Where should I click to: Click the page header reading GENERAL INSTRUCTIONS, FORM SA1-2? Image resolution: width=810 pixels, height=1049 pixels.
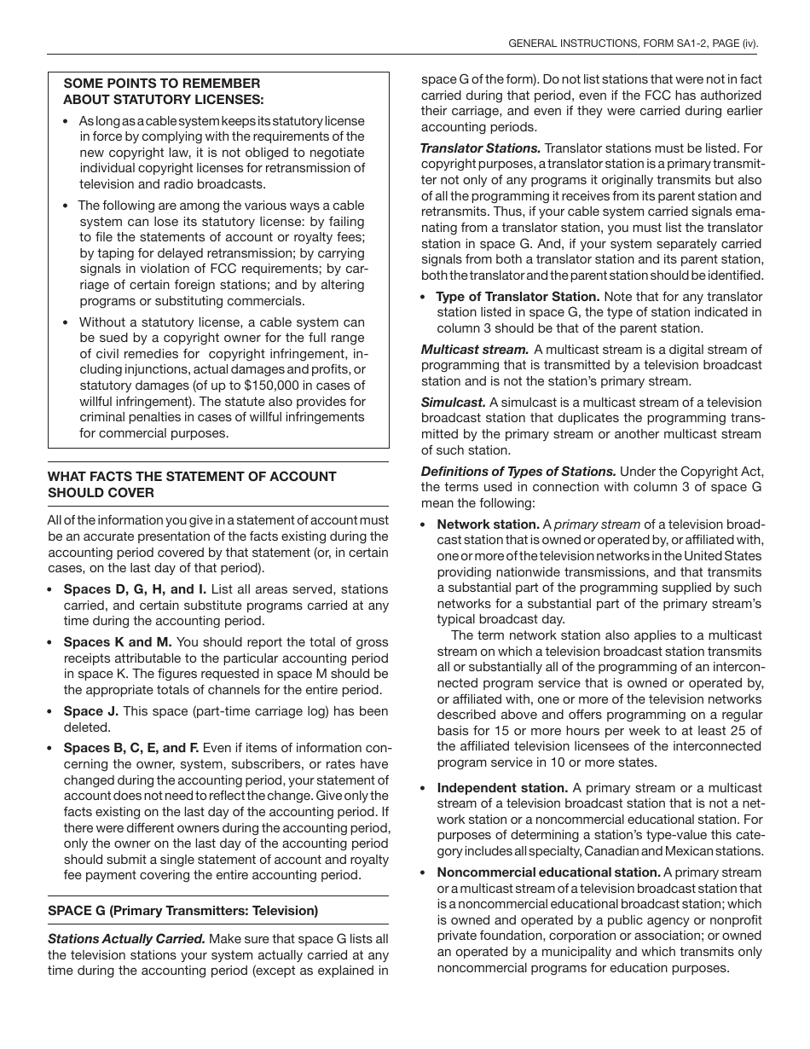pos(632,43)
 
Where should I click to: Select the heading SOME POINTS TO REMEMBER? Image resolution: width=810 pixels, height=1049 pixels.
pos(162,84)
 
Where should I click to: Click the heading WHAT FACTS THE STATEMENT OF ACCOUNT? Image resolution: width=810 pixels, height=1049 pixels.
pos(192,477)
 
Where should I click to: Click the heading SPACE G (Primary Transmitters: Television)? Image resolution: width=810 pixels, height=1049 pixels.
pos(182,911)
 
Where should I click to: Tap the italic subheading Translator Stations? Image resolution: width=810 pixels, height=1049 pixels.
pos(481,148)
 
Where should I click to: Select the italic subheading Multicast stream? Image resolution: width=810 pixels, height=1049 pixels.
pos(475,350)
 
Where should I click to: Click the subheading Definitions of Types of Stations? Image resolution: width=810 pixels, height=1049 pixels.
pos(518,472)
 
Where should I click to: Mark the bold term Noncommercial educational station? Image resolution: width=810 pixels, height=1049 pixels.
pos(548,872)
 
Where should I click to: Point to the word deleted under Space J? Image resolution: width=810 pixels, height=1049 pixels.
pos(87,727)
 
